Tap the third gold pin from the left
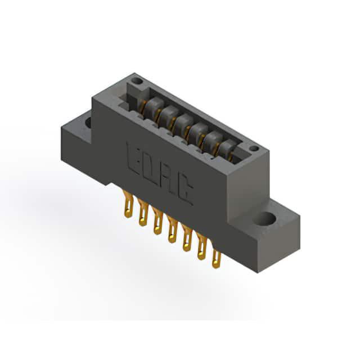[x=157, y=220]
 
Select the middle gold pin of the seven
[x=172, y=229]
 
